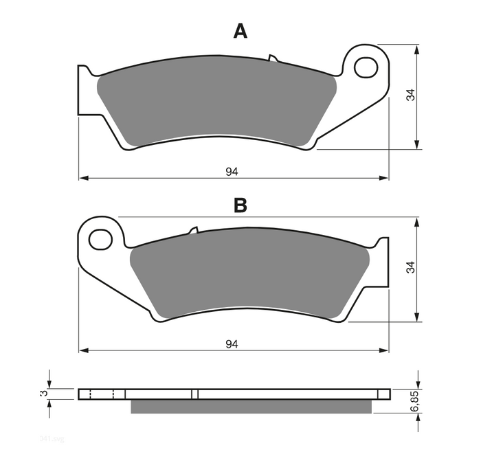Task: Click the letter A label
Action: [x=240, y=31]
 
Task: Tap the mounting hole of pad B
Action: [x=101, y=240]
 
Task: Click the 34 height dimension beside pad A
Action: [x=410, y=95]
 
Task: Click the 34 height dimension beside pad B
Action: [x=410, y=269]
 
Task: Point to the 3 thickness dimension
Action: [x=43, y=394]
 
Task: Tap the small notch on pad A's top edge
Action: [x=272, y=58]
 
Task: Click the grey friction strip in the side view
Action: [x=251, y=407]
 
